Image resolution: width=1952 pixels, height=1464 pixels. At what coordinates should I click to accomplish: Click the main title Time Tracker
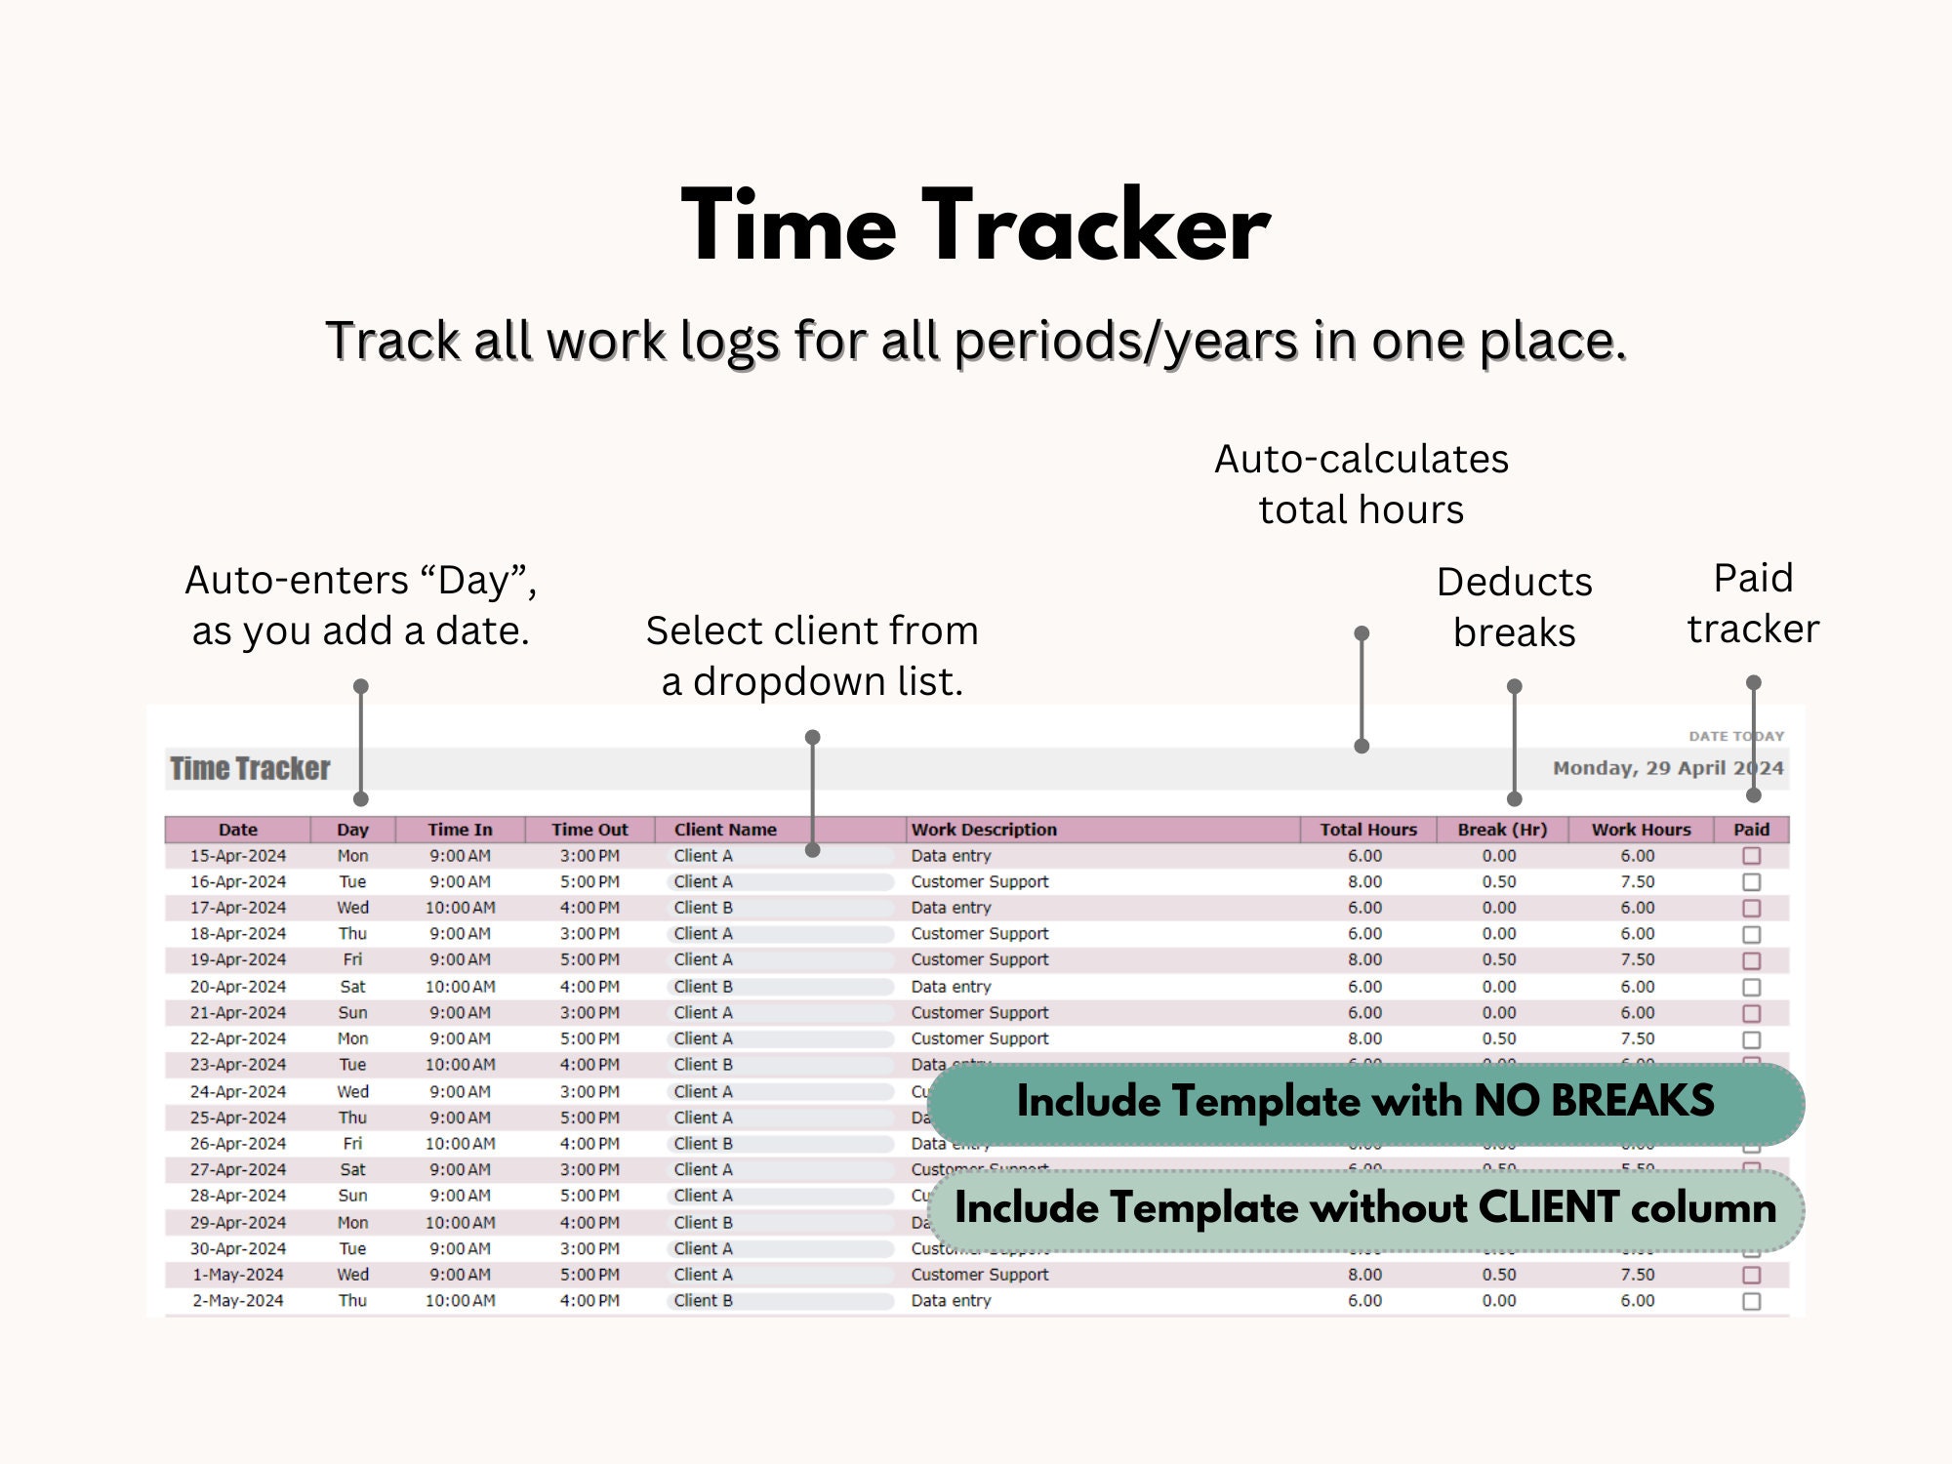976,226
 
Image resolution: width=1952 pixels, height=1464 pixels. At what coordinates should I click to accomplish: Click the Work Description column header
983,830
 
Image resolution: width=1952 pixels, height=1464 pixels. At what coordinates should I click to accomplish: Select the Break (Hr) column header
1501,830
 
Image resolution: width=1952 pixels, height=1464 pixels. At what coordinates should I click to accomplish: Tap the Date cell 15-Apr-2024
238,856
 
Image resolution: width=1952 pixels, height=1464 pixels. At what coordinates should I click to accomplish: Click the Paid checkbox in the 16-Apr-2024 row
1752,882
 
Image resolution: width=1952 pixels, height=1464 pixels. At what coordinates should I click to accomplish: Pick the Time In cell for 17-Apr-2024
460,908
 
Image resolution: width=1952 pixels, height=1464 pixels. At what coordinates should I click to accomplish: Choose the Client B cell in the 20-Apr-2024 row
703,987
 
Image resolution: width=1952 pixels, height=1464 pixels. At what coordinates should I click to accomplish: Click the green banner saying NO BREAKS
1364,1102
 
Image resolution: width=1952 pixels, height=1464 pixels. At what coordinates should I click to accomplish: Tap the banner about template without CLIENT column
1364,1208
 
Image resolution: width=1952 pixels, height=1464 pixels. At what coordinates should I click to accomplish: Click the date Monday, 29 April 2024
1667,768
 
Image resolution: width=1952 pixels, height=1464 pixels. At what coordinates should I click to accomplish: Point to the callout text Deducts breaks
1514,607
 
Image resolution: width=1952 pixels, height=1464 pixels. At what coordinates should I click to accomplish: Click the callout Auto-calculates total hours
1361,484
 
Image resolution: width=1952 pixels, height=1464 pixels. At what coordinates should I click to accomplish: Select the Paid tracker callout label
1753,603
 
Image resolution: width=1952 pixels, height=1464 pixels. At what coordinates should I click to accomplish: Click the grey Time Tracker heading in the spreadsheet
250,769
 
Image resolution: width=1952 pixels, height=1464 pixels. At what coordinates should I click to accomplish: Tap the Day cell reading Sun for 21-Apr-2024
352,1013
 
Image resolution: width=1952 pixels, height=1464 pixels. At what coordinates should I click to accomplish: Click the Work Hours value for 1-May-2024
1637,1275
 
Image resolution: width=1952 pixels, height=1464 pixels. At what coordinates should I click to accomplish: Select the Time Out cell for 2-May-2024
590,1301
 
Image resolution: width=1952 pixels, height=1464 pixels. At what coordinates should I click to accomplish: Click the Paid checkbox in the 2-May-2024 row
1752,1301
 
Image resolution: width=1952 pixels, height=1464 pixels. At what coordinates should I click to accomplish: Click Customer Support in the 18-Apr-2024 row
979,934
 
